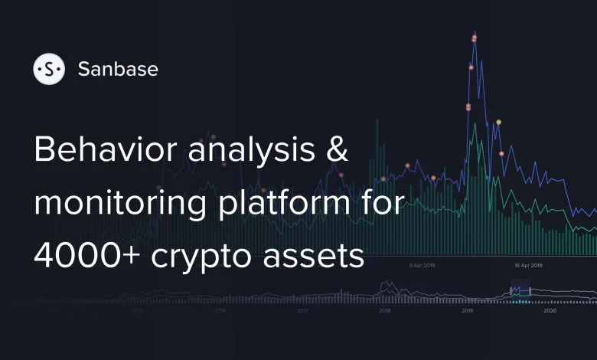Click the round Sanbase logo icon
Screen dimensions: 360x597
point(49,69)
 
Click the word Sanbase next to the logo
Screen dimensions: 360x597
point(118,69)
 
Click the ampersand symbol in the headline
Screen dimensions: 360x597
point(337,151)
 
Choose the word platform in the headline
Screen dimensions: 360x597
point(295,205)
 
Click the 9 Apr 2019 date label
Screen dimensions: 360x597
point(422,266)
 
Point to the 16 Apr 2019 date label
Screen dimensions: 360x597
point(528,266)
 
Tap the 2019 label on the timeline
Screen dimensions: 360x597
point(467,311)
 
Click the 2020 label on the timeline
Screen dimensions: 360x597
point(549,311)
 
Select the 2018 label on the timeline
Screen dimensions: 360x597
point(385,311)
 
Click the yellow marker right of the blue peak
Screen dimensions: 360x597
point(498,122)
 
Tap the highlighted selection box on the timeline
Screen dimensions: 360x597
point(520,291)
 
